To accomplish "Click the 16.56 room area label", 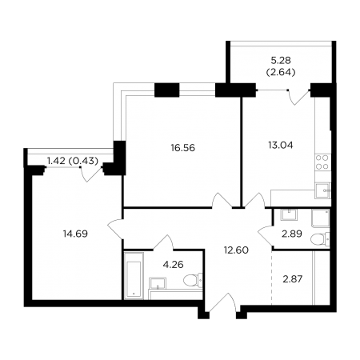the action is point(183,147).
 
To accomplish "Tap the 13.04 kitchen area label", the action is point(281,145).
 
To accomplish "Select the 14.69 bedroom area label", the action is point(75,234).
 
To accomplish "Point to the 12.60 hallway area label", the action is point(236,250).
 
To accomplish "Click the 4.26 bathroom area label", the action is point(174,265).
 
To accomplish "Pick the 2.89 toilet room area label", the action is point(292,234).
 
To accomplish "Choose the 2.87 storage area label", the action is point(292,279).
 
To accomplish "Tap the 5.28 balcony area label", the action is point(281,61).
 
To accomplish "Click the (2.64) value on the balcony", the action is point(281,72).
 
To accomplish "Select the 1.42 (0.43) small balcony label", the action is point(73,161).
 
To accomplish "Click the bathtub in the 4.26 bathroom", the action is point(134,275).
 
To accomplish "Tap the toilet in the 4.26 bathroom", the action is point(193,280).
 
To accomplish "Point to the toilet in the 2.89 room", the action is point(320,239).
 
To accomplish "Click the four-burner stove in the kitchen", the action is point(322,162).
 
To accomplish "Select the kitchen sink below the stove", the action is point(322,190).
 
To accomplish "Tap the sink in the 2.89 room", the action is point(289,214).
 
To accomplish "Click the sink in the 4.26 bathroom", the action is point(158,283).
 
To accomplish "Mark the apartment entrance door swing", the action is point(222,302).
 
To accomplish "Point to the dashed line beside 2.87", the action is point(272,278).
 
